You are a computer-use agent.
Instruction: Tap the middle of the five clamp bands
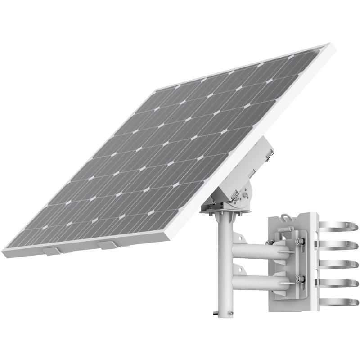(x=338, y=264)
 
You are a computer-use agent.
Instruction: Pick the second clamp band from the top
(x=338, y=244)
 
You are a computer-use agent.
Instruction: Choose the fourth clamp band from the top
(x=338, y=283)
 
